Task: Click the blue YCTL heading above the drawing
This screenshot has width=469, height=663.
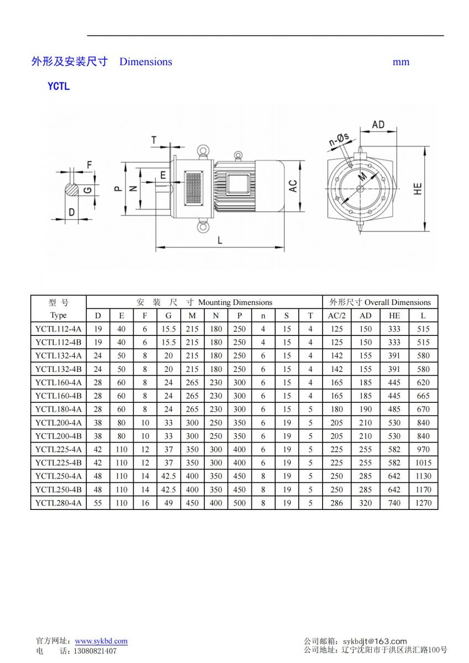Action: [59, 86]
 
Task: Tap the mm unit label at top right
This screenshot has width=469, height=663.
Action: [401, 62]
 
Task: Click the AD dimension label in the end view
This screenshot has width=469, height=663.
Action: [378, 125]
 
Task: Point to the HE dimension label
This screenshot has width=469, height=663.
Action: [418, 188]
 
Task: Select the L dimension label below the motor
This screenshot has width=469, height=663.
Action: [220, 240]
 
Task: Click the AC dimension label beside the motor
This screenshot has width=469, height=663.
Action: [293, 186]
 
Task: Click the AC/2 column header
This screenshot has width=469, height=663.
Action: [336, 315]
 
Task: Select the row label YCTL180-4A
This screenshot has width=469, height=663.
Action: [58, 409]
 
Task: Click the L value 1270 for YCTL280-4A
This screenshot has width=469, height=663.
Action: [423, 503]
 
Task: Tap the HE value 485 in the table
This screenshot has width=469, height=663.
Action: [394, 409]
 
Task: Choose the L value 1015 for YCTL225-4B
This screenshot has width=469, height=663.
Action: [423, 463]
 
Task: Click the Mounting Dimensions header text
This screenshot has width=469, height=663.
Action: [235, 302]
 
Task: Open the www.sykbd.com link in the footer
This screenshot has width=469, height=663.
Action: [101, 641]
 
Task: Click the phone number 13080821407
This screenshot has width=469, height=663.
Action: [95, 651]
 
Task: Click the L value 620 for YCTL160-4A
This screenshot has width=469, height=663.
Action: [423, 382]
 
